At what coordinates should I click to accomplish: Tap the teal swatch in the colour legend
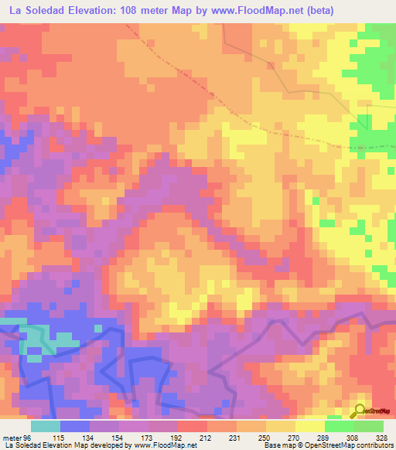[x=46, y=426]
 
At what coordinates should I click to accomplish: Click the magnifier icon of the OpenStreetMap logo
[x=360, y=410]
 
